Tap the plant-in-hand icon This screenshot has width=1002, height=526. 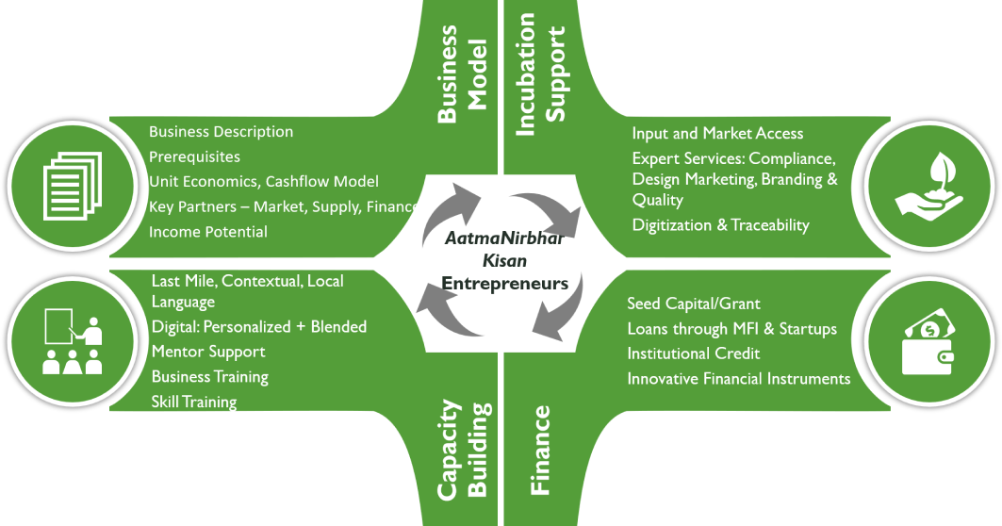[932, 182]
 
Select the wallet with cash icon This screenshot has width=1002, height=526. [931, 343]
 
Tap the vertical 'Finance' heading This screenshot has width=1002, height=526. [540, 451]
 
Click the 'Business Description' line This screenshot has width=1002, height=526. [221, 132]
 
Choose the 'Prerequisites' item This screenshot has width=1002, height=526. [194, 156]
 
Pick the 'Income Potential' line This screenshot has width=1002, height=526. [208, 232]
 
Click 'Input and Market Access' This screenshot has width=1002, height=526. [717, 134]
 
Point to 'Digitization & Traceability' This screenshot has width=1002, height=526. [720, 225]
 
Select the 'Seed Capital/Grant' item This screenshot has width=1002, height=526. [694, 304]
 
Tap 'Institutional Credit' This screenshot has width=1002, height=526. [694, 353]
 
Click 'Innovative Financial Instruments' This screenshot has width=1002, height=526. [739, 379]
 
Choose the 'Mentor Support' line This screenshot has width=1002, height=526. [208, 352]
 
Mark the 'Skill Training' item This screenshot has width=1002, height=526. [194, 402]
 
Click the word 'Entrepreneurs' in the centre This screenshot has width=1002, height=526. [505, 283]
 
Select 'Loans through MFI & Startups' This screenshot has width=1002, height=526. [732, 329]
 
